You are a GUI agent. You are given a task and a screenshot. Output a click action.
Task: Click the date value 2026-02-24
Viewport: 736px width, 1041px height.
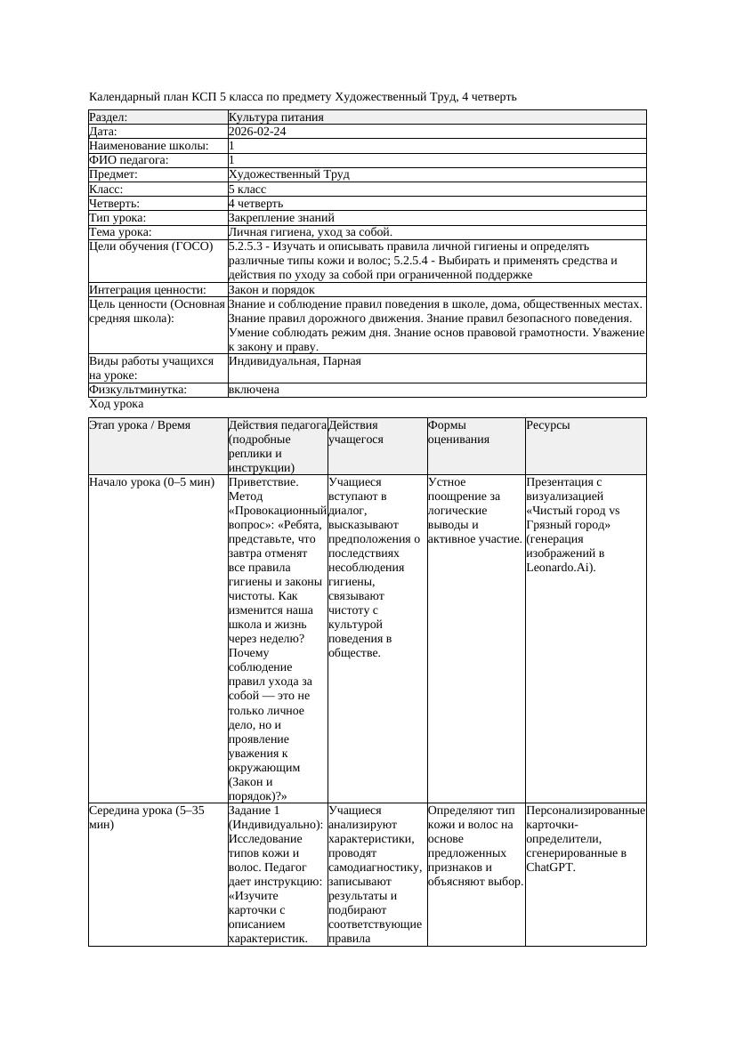[257, 132]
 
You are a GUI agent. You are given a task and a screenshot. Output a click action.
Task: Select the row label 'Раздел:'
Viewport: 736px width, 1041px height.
[109, 117]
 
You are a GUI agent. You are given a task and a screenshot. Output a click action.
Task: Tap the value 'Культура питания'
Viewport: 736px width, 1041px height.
[276, 117]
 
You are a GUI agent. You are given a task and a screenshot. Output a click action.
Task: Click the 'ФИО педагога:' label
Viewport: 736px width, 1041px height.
[129, 160]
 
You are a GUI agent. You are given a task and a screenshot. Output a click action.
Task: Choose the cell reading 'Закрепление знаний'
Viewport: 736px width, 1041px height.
[281, 218]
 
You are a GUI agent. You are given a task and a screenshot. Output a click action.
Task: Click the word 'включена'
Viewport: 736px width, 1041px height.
[254, 390]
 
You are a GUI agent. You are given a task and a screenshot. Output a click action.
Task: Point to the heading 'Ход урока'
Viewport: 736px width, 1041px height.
[116, 404]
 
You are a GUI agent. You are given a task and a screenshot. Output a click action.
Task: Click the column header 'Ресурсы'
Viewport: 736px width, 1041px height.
[548, 425]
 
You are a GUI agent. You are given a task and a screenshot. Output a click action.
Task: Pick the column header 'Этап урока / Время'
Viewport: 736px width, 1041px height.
[140, 425]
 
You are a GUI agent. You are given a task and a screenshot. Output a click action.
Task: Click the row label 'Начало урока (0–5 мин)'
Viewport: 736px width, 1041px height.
[152, 482]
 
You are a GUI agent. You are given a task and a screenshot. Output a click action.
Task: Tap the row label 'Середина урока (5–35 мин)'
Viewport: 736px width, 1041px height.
[147, 818]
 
